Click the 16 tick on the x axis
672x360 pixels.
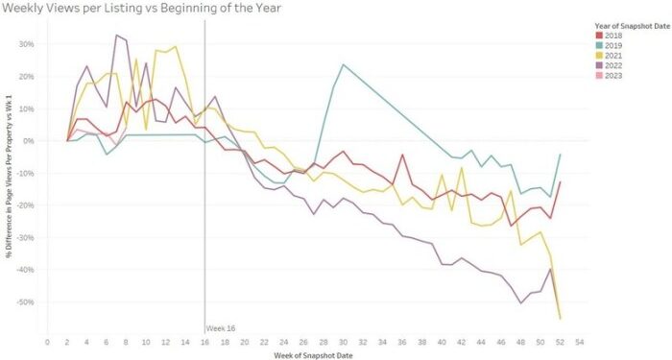(x=204, y=340)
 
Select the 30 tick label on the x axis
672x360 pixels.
(x=343, y=340)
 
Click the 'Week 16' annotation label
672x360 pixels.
(x=221, y=328)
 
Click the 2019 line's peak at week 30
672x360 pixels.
(x=343, y=64)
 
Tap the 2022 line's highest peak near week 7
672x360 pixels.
(x=116, y=36)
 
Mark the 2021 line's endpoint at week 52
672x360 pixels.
(x=560, y=318)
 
